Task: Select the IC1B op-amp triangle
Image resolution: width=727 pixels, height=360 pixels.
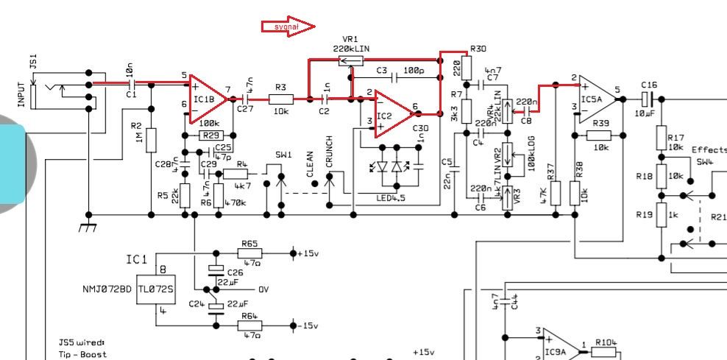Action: point(206,99)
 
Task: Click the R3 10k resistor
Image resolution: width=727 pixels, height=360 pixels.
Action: point(280,99)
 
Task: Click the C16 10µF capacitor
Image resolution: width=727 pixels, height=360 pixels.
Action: point(648,98)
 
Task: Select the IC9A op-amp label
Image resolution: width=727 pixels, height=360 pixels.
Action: point(556,353)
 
